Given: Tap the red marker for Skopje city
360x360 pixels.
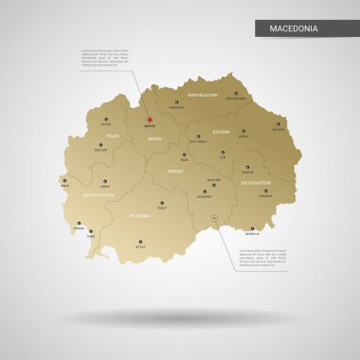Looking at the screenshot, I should tap(150, 119).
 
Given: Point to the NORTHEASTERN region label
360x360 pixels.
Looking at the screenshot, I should tap(202, 96).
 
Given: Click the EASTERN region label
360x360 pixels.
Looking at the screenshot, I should tap(221, 132).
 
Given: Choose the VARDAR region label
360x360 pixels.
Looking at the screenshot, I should tap(175, 171).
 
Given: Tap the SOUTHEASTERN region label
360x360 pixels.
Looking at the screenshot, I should tap(256, 181).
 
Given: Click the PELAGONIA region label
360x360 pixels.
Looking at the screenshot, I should tap(139, 216).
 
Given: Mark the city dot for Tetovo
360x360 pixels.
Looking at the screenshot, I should tap(105, 117).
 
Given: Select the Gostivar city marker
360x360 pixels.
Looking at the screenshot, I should tap(100, 144).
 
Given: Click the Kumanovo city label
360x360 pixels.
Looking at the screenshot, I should tap(177, 107).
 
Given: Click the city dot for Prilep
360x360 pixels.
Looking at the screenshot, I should tap(161, 203).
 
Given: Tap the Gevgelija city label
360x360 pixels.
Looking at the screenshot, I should tap(250, 232).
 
